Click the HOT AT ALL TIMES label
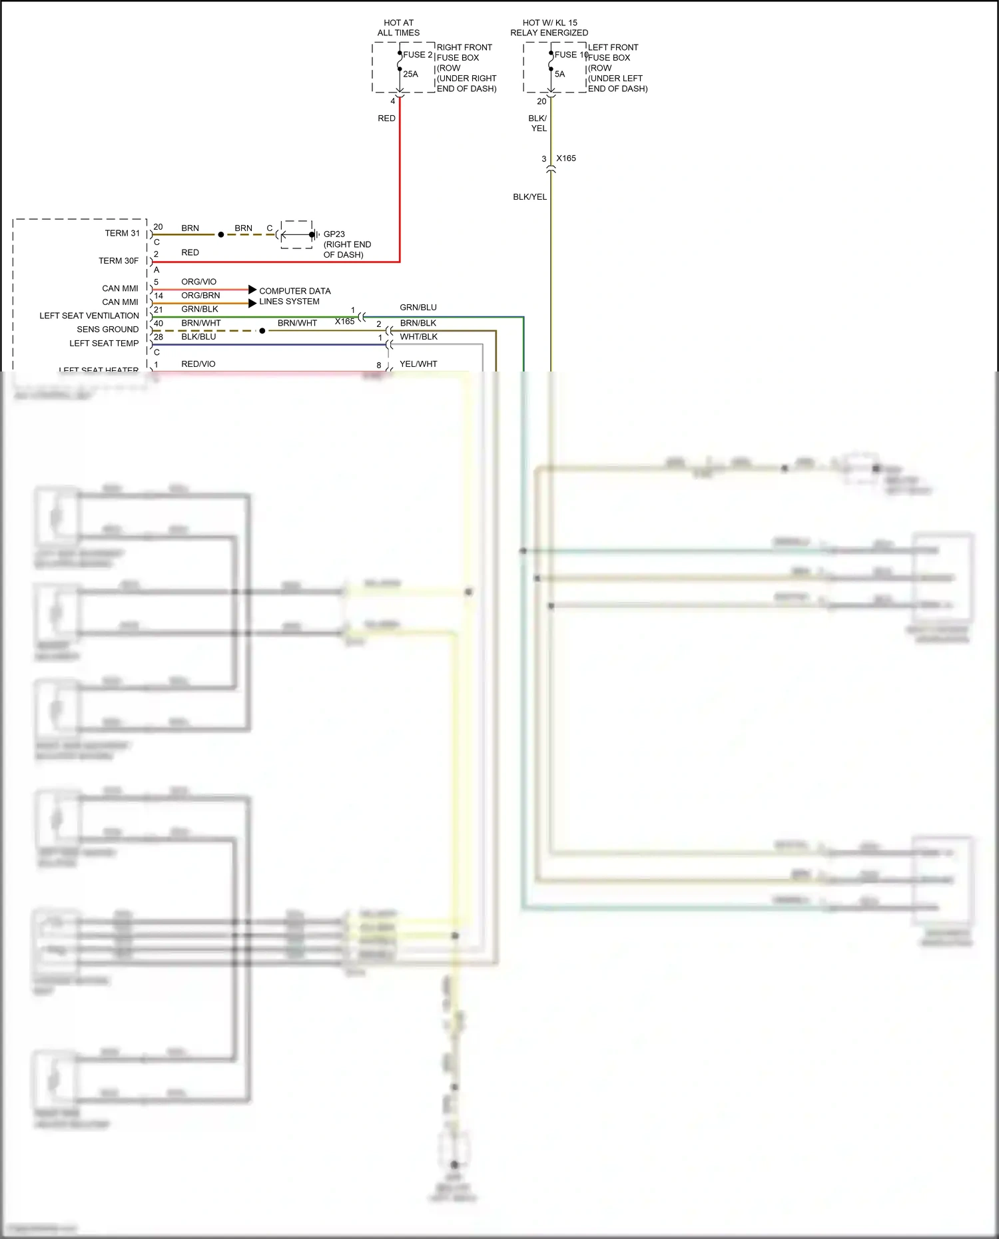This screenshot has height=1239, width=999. [x=398, y=27]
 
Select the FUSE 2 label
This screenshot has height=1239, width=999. [x=418, y=55]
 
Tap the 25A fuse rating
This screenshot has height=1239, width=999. [x=410, y=74]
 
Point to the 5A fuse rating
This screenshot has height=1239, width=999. [x=559, y=74]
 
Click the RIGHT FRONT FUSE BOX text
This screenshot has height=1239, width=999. [x=466, y=67]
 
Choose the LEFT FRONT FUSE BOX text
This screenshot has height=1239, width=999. [x=617, y=67]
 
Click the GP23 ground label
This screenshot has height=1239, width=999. [x=334, y=234]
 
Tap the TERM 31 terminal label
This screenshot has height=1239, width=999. [x=122, y=233]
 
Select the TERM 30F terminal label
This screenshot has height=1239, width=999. [x=119, y=261]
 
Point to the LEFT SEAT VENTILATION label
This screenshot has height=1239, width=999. [x=89, y=316]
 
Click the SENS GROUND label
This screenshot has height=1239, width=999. [x=107, y=330]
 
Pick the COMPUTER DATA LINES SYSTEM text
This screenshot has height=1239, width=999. [x=294, y=296]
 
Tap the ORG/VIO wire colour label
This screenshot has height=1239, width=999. [x=198, y=282]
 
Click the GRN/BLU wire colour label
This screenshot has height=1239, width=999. [x=418, y=308]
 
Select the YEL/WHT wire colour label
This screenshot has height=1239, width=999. [x=418, y=364]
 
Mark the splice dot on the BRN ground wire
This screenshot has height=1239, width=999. [x=221, y=234]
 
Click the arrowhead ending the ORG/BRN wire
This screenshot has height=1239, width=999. [x=252, y=303]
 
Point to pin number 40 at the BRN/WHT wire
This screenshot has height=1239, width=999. [x=159, y=324]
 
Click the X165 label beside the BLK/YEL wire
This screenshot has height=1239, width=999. [x=566, y=158]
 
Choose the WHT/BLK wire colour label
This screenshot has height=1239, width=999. [x=419, y=337]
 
